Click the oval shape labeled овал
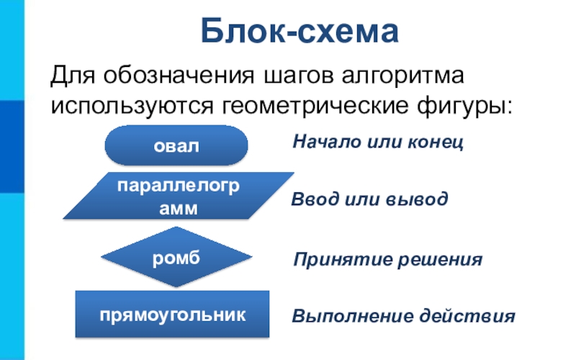pyautogui.click(x=176, y=145)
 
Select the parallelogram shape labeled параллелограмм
pyautogui.click(x=179, y=195)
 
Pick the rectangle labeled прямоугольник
pyautogui.click(x=173, y=314)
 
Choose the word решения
pyautogui.click(x=441, y=259)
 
